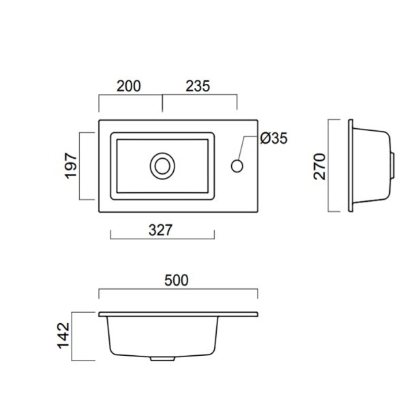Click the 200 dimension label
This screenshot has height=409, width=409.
pyautogui.click(x=129, y=86)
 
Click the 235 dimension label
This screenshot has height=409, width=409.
pyautogui.click(x=198, y=86)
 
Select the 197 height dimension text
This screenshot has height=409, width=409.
pyautogui.click(x=71, y=166)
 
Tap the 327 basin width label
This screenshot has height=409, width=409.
pyautogui.click(x=160, y=230)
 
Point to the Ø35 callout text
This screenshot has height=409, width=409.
pyautogui.click(x=273, y=138)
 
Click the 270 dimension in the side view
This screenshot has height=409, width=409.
pyautogui.click(x=320, y=167)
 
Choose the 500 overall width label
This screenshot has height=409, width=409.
pyautogui.click(x=177, y=280)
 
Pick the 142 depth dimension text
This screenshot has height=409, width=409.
pyautogui.click(x=63, y=336)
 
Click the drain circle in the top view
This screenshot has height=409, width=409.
pyautogui.click(x=162, y=166)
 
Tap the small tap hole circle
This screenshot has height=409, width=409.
pyautogui.click(x=237, y=166)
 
